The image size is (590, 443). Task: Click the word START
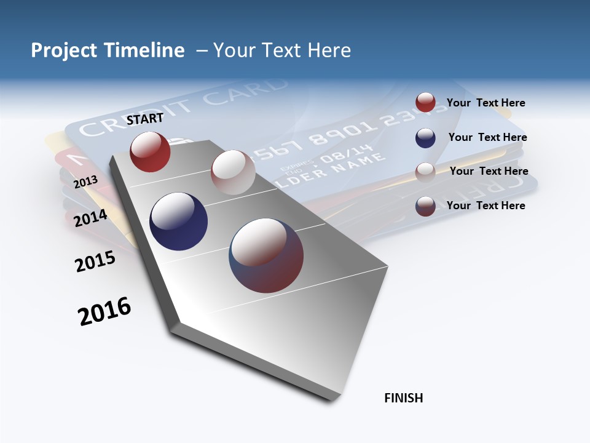[145, 119]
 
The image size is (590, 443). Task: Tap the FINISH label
[403, 398]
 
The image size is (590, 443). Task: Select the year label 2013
[85, 182]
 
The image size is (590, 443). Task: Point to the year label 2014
[90, 218]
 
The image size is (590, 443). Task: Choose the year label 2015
[95, 261]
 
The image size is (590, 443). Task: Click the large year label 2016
[104, 311]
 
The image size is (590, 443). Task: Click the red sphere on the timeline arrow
[150, 151]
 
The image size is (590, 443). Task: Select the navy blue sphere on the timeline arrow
[178, 221]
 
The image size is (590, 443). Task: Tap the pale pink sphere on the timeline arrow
[233, 172]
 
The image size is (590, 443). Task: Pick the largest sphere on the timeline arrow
[266, 255]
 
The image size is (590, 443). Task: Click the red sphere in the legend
[425, 102]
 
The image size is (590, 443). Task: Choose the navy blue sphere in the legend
[425, 138]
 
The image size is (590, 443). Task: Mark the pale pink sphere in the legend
[425, 172]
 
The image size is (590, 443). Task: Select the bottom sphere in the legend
[425, 206]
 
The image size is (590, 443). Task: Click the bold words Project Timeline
[108, 50]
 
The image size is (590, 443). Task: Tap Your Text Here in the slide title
[281, 50]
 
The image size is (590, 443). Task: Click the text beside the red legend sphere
[486, 103]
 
